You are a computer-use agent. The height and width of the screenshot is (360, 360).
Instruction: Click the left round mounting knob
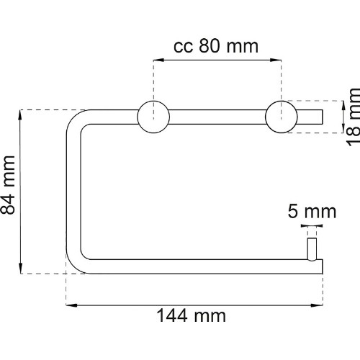pos(153,117)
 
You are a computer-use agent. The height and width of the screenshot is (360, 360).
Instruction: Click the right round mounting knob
pos(282,117)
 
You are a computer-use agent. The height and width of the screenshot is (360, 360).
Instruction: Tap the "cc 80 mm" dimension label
pos(216,46)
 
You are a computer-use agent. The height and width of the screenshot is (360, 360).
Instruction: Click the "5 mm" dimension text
pos(312,211)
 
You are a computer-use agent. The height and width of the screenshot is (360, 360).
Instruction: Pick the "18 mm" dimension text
pos(353,117)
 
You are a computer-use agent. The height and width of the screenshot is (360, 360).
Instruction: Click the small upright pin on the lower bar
pos(312,249)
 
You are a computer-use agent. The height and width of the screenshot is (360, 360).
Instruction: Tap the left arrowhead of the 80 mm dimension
pos(158,60)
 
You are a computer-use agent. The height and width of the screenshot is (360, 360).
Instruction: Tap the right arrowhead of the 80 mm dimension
pos(276,60)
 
